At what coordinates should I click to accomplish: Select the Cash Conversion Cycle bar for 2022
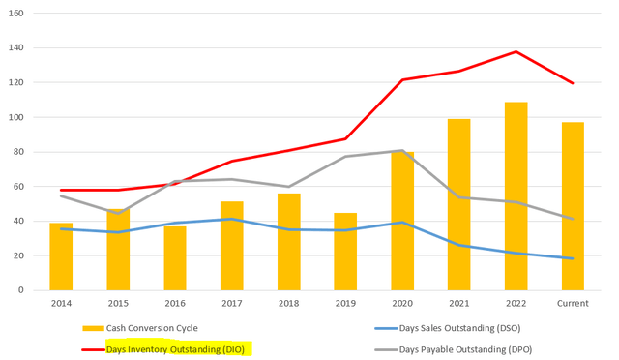516,196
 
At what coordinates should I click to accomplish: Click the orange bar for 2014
61,256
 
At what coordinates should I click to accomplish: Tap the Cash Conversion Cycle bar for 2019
345,252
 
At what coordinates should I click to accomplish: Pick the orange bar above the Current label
573,206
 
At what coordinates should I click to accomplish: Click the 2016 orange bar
175,258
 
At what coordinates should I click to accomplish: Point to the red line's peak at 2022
516,51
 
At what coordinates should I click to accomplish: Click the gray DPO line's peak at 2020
402,150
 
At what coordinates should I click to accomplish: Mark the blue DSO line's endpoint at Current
573,258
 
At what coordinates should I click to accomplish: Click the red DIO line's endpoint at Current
573,83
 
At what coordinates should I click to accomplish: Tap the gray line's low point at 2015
118,214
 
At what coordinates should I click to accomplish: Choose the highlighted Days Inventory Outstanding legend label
175,349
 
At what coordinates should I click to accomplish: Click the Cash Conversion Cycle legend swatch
93,328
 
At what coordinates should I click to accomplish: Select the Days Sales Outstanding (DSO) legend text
460,328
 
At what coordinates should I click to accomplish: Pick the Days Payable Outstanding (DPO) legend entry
454,349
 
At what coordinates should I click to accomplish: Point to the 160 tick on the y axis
15,13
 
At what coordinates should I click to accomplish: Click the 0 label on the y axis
21,290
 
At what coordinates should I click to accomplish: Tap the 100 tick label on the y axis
15,117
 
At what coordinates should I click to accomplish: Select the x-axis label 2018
288,304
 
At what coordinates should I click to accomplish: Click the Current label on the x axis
573,304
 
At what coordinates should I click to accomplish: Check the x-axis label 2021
459,304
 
